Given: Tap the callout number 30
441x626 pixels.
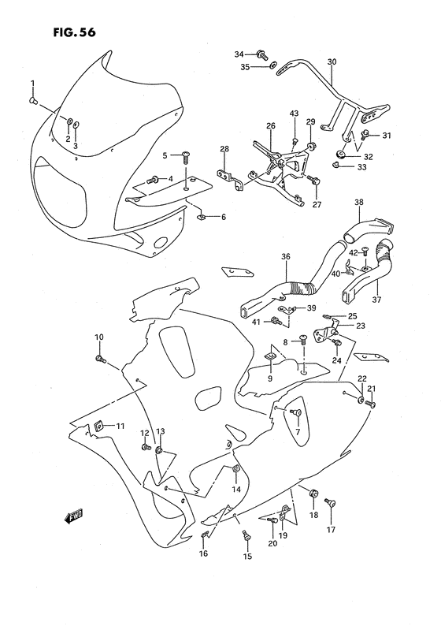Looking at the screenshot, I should click(x=331, y=61).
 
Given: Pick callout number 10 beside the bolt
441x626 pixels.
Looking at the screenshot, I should click(x=99, y=337).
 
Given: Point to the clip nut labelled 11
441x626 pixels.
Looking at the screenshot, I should click(x=98, y=427).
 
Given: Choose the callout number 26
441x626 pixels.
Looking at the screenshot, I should click(x=270, y=126).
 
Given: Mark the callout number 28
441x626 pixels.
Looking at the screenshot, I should click(x=224, y=149).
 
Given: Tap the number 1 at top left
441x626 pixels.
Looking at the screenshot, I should click(x=32, y=84).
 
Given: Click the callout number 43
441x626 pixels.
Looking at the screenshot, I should click(x=294, y=114).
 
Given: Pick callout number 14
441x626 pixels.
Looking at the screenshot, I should click(x=235, y=490).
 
